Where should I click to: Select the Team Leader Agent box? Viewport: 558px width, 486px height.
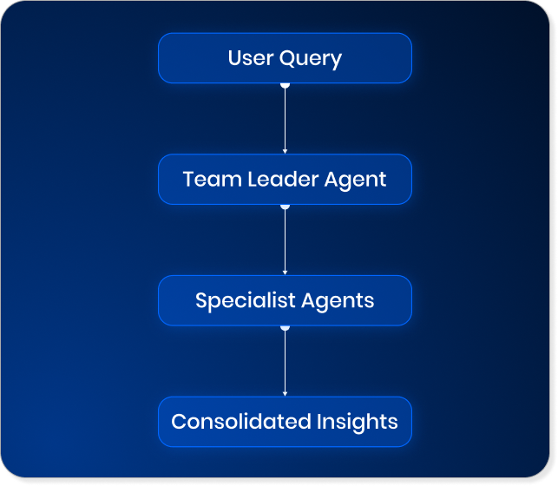[x=285, y=180]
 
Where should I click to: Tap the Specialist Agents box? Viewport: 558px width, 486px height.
[x=285, y=300]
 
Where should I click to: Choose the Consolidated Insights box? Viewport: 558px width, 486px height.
[x=285, y=422]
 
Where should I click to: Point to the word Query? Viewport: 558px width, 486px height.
[x=310, y=59]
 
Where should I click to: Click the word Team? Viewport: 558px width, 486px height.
[x=205, y=180]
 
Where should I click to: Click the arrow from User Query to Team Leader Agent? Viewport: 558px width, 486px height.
[x=285, y=120]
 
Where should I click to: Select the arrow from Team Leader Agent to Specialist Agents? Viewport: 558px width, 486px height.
[x=285, y=241]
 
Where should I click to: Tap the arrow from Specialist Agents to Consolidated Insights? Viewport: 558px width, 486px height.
[x=285, y=363]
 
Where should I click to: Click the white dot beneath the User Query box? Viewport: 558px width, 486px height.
[x=285, y=85]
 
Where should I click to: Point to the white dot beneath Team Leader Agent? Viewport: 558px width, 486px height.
[x=285, y=207]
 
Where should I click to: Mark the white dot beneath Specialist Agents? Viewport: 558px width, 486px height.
[x=285, y=328]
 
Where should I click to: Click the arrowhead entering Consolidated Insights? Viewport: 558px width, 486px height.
[x=285, y=393]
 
